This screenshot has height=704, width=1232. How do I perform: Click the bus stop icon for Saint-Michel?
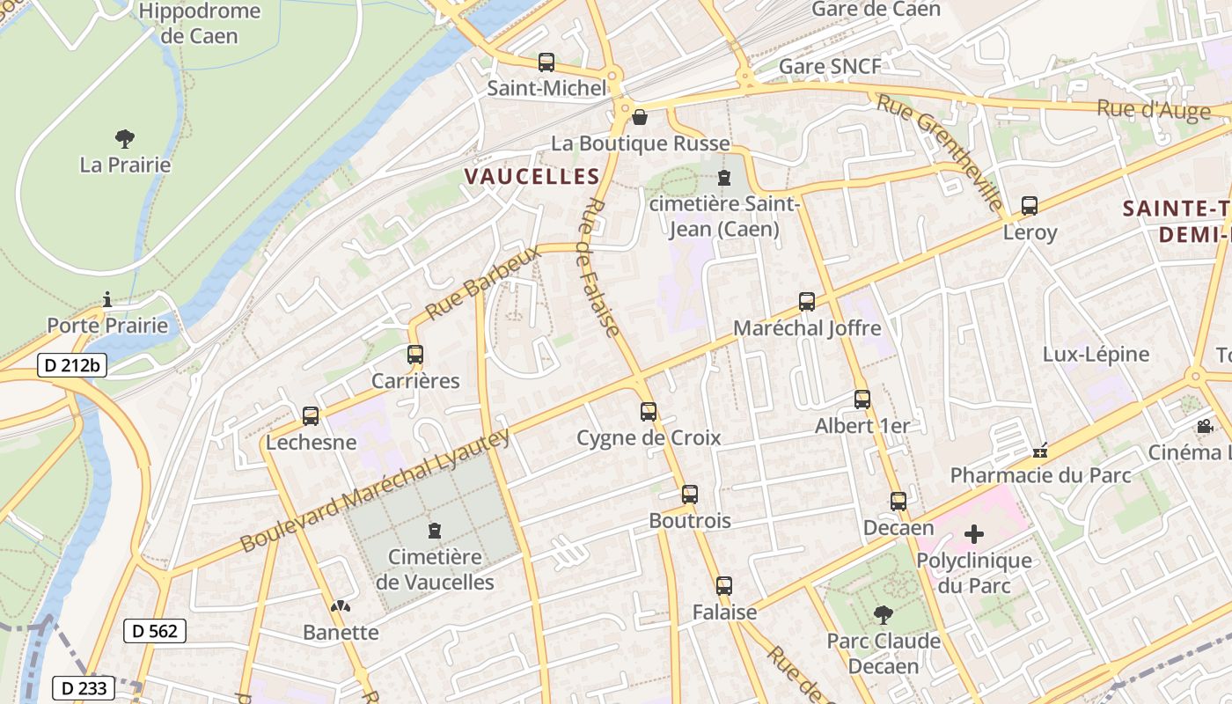pos(546,62)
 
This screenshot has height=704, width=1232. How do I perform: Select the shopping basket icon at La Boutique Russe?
pos(640,117)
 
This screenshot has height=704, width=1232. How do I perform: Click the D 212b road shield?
pos(72,365)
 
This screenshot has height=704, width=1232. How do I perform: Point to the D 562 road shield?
pos(155,630)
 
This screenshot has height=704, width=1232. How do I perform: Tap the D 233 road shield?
pos(84,687)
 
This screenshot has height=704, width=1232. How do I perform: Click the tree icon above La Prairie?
pos(125,138)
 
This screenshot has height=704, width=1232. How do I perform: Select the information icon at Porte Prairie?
pos(107,300)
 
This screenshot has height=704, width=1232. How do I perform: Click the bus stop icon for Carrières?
pos(415,355)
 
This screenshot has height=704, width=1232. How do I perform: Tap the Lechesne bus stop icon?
pos(311,416)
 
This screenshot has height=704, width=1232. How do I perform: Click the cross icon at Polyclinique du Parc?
pos(973,533)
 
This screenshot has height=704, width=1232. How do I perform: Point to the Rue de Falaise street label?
pos(601,267)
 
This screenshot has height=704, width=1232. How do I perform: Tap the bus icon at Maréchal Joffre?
pos(807,302)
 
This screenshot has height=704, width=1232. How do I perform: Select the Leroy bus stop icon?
pos(1030,206)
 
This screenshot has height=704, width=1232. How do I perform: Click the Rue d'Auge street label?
pos(1153,110)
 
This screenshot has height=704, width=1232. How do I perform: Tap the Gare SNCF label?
pos(830,67)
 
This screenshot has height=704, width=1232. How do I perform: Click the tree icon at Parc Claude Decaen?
pos(884,614)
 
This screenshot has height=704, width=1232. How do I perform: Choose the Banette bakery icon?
pos(340,606)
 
